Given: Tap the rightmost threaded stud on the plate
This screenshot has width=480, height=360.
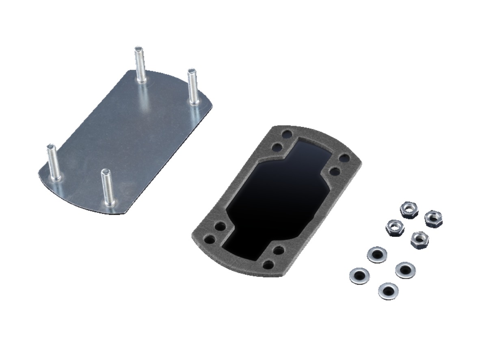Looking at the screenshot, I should click(x=192, y=87).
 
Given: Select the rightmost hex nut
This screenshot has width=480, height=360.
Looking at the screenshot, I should click(x=433, y=219).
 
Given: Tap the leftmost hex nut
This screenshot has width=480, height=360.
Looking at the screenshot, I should click(x=394, y=228).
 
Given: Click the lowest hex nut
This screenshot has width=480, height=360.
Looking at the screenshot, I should click(x=419, y=240).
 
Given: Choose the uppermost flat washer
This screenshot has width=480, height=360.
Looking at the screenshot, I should click(x=377, y=255).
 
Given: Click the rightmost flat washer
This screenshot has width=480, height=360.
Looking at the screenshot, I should click(x=405, y=270).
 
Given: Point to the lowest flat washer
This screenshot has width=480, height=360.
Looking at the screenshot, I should click(x=388, y=291).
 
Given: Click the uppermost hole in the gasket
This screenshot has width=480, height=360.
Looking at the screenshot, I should click(x=287, y=134).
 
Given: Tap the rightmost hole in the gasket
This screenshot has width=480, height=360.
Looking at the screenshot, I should click(x=345, y=158).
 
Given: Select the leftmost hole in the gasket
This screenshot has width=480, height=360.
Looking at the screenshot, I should click(x=210, y=239).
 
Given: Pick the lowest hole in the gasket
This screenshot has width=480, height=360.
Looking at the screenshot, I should click(x=268, y=265).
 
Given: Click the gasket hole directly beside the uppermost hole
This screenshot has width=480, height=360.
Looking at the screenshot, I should click(x=277, y=146).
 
